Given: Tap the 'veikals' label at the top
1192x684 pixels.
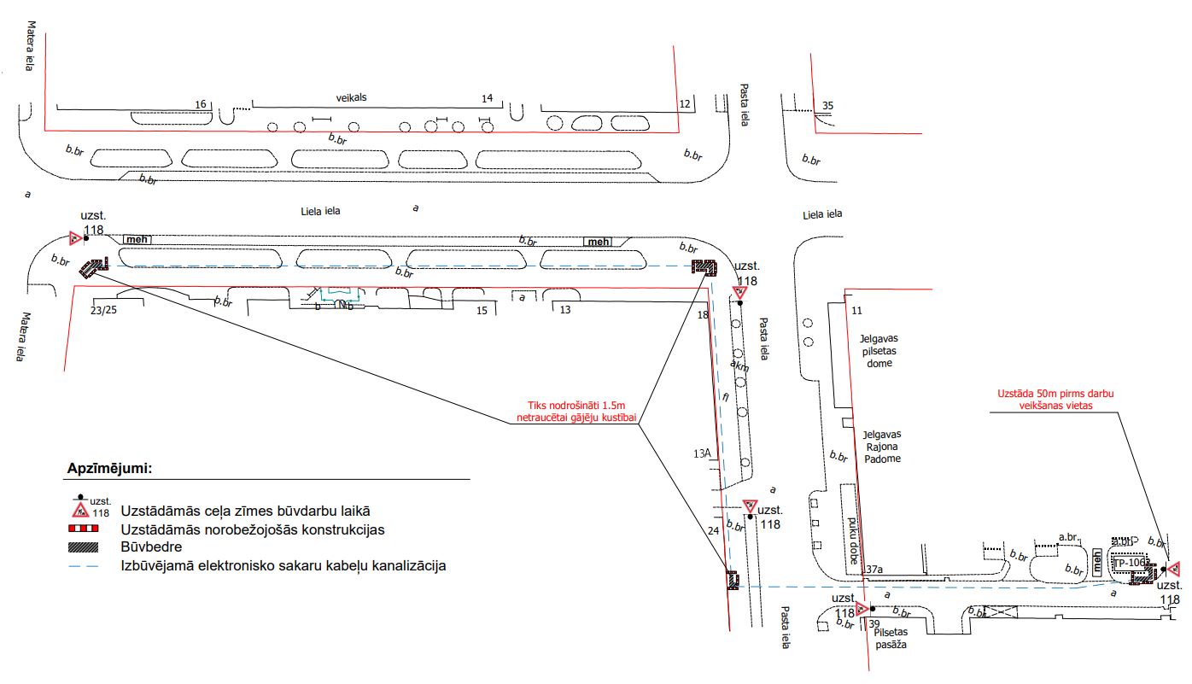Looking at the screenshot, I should click(350, 98).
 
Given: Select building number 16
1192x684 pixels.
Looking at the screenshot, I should click(202, 104).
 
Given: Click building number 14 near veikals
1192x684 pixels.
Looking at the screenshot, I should click(487, 99).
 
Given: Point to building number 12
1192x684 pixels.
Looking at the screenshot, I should click(684, 104).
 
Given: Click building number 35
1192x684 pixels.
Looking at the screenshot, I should click(827, 106).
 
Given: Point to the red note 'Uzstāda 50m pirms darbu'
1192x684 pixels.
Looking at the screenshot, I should click(1056, 400).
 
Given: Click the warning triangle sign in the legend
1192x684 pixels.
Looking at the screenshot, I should click(80, 512).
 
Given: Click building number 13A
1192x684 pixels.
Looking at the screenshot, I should click(703, 453).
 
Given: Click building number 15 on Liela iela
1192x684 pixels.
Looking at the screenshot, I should click(482, 310).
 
